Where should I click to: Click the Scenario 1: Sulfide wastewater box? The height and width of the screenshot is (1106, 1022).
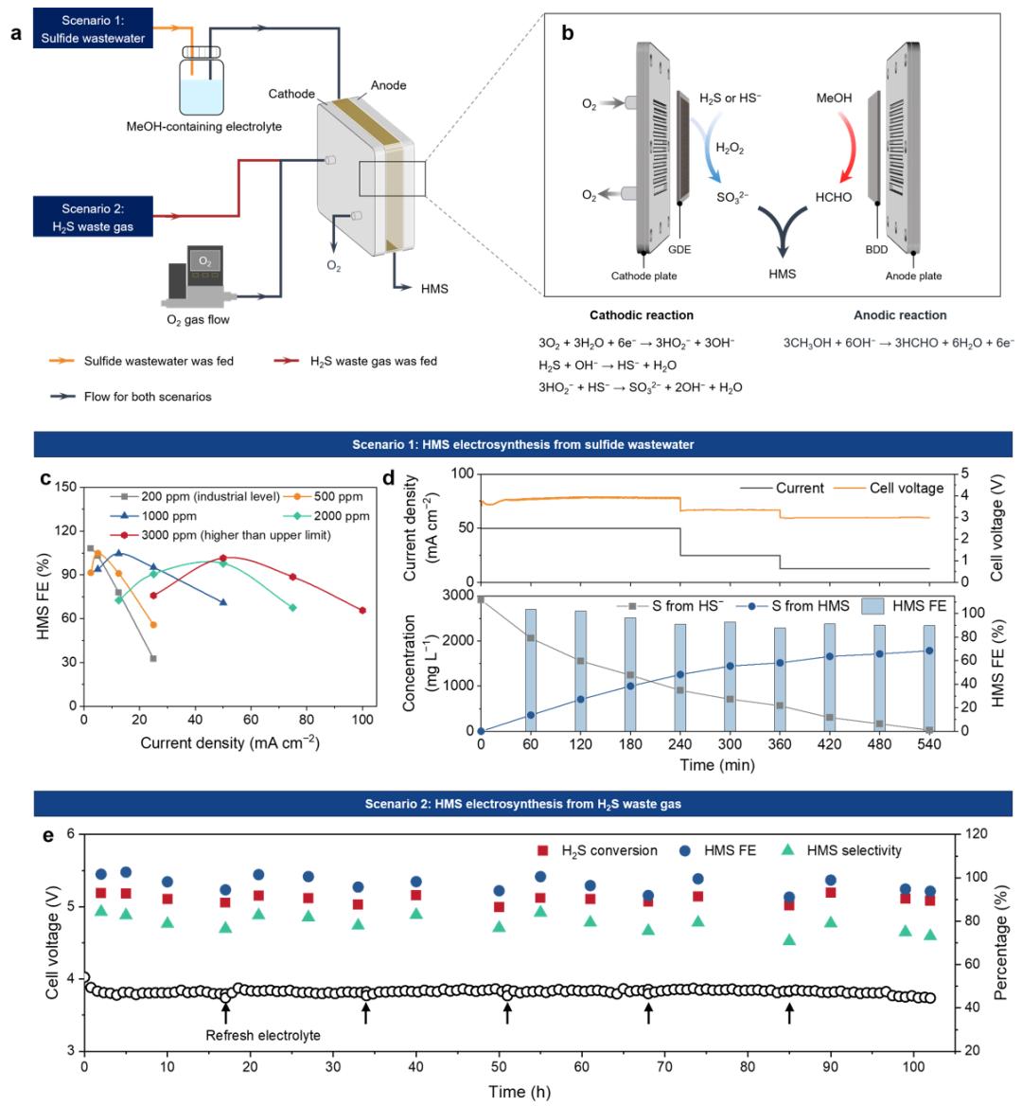(x=93, y=28)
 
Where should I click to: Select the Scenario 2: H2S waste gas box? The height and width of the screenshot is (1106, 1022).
(x=93, y=217)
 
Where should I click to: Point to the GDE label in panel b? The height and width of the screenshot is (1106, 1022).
(x=679, y=250)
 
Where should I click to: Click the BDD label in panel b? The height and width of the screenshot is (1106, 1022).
(x=876, y=250)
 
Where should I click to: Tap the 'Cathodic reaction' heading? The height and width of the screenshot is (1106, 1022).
(x=642, y=315)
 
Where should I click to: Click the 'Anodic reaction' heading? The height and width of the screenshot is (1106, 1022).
(x=900, y=315)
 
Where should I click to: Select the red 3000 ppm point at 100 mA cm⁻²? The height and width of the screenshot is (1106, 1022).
(x=362, y=610)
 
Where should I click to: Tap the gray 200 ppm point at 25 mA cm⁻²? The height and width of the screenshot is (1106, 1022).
(x=153, y=658)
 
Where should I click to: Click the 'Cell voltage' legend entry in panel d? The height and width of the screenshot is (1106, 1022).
(x=889, y=488)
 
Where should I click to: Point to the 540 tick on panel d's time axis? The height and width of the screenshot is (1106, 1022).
(x=929, y=744)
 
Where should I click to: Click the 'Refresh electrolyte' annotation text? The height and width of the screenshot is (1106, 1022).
(x=263, y=1036)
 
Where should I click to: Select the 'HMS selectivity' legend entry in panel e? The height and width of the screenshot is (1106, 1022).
(x=841, y=850)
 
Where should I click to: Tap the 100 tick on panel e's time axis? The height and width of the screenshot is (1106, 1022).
(x=913, y=1066)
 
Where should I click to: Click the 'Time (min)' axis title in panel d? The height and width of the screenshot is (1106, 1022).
(x=716, y=765)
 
